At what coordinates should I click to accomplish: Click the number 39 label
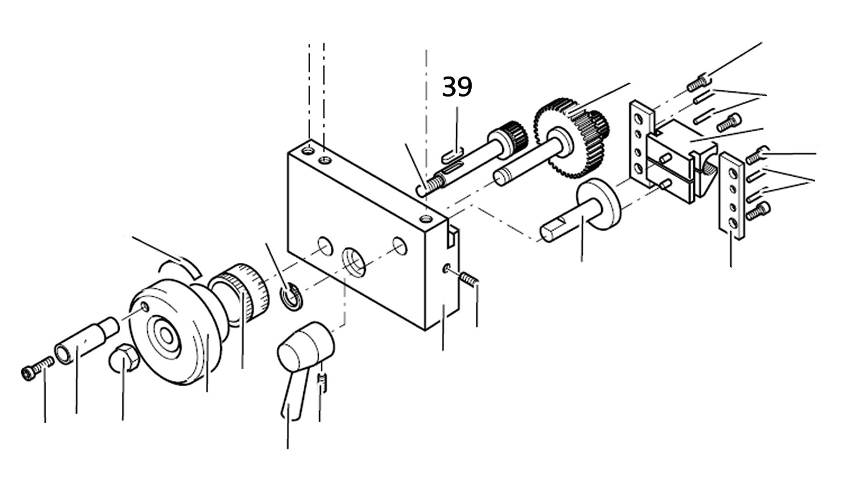click(457, 87)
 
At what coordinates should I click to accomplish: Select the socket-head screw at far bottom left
click(37, 368)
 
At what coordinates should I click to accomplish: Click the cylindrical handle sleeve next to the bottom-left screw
click(87, 340)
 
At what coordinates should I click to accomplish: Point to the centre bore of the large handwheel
click(166, 335)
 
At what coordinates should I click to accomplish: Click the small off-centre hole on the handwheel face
click(145, 307)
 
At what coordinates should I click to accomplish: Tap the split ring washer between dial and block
click(291, 296)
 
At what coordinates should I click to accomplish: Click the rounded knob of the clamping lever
click(306, 345)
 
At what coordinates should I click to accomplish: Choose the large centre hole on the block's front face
click(354, 262)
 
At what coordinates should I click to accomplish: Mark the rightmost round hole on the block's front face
click(400, 246)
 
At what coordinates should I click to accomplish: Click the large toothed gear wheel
click(566, 137)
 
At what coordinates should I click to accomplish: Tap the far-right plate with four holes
click(732, 196)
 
